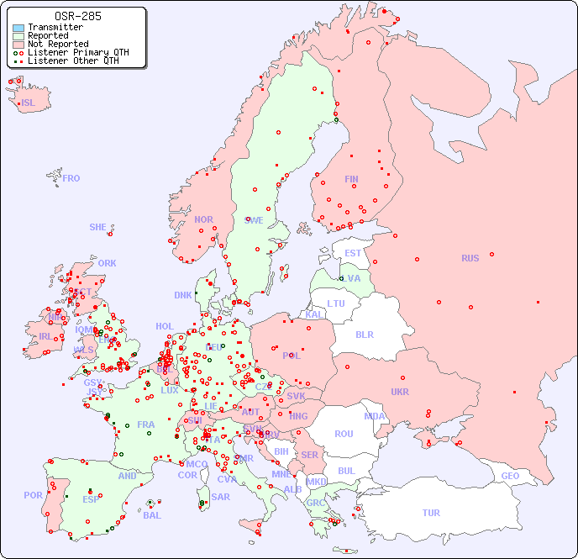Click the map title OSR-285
[x=77, y=16]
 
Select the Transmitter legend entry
[x=55, y=28]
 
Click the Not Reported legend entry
[x=57, y=44]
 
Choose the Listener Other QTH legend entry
[x=75, y=61]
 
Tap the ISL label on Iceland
[x=29, y=103]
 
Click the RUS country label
[x=470, y=258]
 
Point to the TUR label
[x=431, y=513]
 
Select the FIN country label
[x=351, y=179]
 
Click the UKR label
[x=400, y=392]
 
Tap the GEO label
[x=510, y=476]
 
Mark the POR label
[x=33, y=495]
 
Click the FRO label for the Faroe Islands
[x=71, y=178]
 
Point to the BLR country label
[x=365, y=334]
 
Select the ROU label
[x=344, y=434]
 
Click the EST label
[x=353, y=253]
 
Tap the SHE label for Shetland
[x=97, y=227]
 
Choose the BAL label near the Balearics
[x=152, y=515]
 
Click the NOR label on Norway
[x=203, y=219]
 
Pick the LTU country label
[x=336, y=303]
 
